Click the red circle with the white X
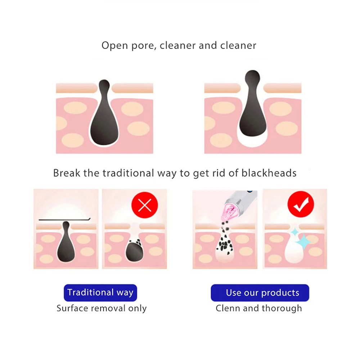point(145,205)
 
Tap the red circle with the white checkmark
point(301,204)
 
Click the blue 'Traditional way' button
point(100,293)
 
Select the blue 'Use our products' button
point(260,293)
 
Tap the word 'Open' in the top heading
point(115,46)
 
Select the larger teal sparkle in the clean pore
point(303,242)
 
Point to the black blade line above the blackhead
point(64,220)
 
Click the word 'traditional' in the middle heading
point(128,173)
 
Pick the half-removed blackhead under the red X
point(134,250)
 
